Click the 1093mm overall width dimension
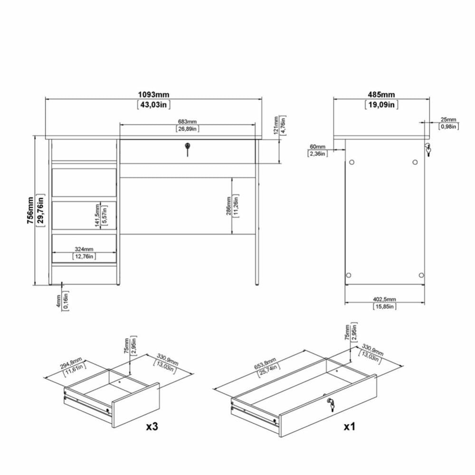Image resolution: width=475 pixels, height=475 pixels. (153, 95)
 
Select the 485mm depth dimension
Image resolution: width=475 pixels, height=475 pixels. (381, 95)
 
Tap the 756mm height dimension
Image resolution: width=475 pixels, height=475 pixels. (30, 210)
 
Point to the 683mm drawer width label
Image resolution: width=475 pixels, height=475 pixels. (187, 122)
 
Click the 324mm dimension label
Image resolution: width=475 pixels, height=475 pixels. (84, 249)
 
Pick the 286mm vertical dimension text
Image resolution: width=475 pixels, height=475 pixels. (228, 206)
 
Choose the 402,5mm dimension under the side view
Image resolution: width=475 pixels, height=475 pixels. (384, 299)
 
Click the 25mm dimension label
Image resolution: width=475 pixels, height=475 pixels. (448, 120)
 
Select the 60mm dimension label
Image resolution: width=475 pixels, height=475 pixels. (317, 147)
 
